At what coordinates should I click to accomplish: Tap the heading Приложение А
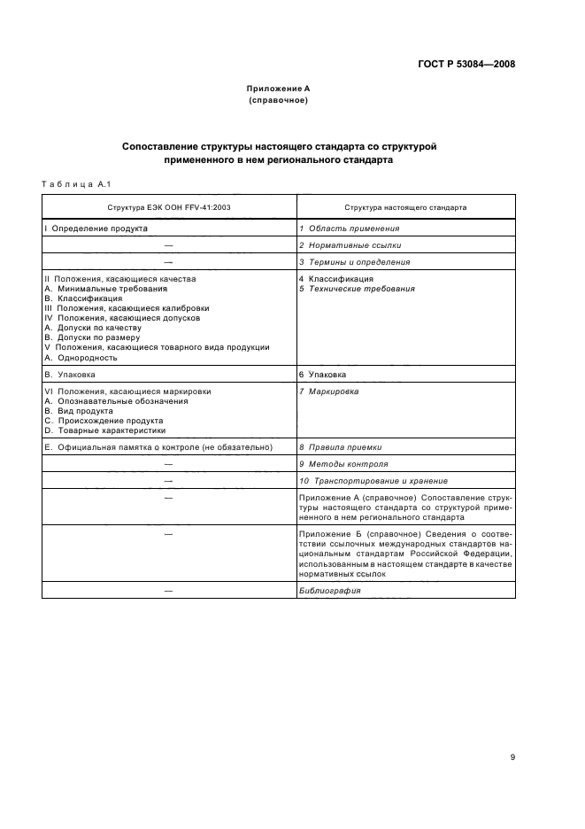coord(277,89)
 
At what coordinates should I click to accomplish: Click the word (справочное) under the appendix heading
coord(277,100)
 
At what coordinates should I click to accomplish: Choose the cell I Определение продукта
coord(96,229)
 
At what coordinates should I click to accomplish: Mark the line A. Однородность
coord(81,358)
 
